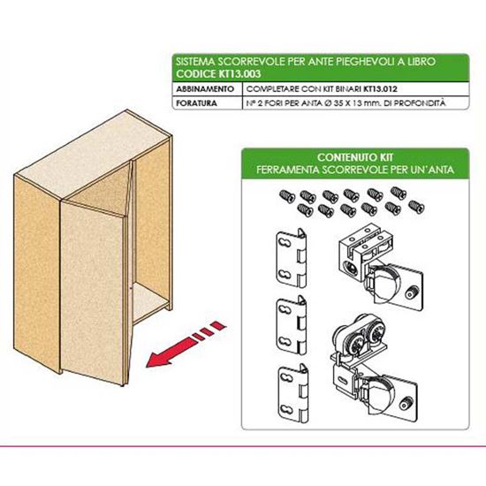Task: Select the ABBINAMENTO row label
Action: [205, 89]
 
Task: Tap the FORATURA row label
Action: [196, 103]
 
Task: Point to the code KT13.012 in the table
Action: [380, 89]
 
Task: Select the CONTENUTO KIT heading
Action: [355, 157]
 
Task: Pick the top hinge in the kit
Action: [292, 258]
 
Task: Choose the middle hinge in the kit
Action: [292, 326]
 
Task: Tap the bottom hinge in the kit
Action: [293, 393]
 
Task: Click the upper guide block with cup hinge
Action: [381, 268]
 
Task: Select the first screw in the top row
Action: [287, 196]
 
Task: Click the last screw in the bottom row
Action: [416, 207]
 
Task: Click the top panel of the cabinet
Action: [93, 155]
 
